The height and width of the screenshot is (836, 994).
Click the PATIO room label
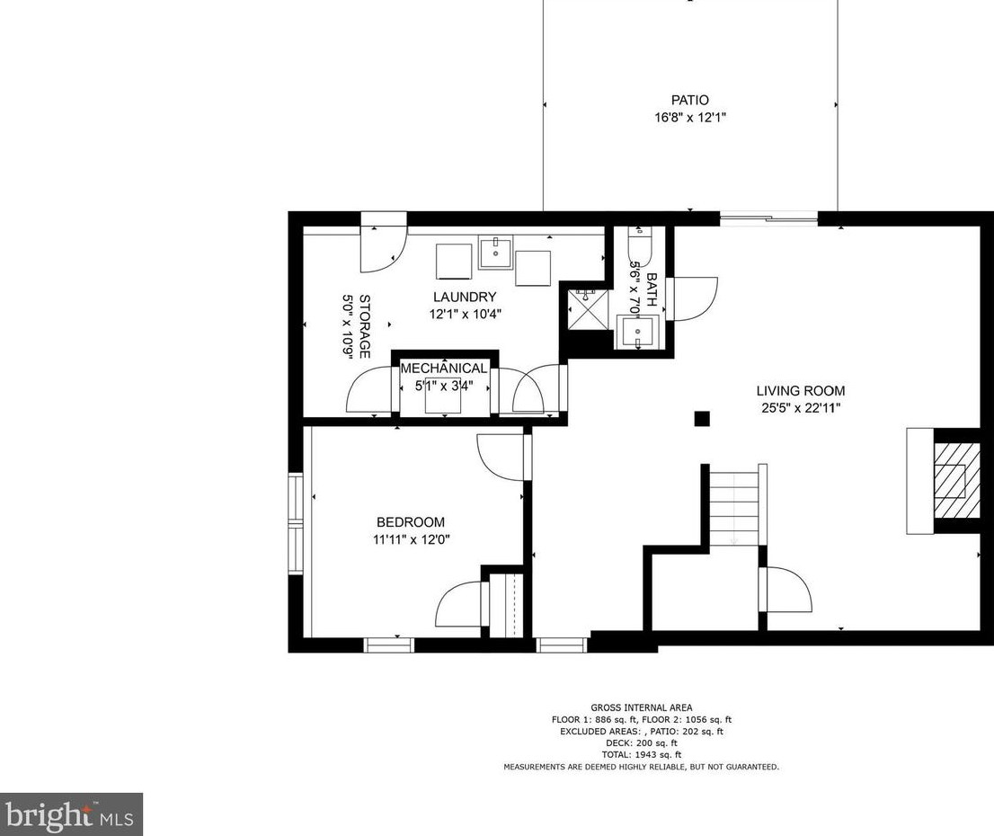[x=689, y=100]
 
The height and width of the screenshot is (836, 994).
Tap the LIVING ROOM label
[x=800, y=391]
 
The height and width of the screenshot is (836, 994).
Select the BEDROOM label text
[x=411, y=522]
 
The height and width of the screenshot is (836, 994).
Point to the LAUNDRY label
[x=465, y=297]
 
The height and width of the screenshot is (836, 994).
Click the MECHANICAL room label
[x=444, y=369]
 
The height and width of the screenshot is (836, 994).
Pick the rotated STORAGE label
[x=365, y=326]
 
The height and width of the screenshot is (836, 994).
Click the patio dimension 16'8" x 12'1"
[x=689, y=118]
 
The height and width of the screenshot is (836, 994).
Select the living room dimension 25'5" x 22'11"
[x=801, y=408]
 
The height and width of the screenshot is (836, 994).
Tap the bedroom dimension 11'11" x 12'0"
[x=411, y=539]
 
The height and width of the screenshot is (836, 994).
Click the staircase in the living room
[x=733, y=505]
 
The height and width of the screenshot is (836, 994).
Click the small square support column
[x=702, y=419]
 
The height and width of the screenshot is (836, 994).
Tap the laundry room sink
[x=496, y=253]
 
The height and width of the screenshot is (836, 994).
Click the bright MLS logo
[x=71, y=814]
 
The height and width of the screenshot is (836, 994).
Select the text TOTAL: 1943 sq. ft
[x=642, y=755]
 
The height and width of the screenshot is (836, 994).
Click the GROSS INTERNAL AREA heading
[x=642, y=707]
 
